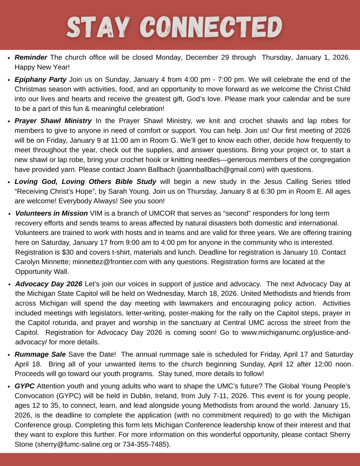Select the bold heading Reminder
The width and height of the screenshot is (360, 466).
pos(31,57)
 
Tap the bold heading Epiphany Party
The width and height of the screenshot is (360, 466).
pos(41,79)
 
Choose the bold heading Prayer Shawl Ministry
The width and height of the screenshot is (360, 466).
pos(53,120)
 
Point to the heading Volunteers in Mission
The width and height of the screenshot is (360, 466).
pos(51,213)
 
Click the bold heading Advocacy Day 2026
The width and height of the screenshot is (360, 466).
pos(48,283)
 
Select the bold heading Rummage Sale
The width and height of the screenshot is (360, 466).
pos(40,354)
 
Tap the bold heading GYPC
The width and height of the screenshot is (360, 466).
pos(24,386)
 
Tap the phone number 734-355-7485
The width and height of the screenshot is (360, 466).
pos(143,444)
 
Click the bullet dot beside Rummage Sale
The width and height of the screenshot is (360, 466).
pos(9,355)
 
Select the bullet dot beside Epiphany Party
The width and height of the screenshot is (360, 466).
pos(9,80)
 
